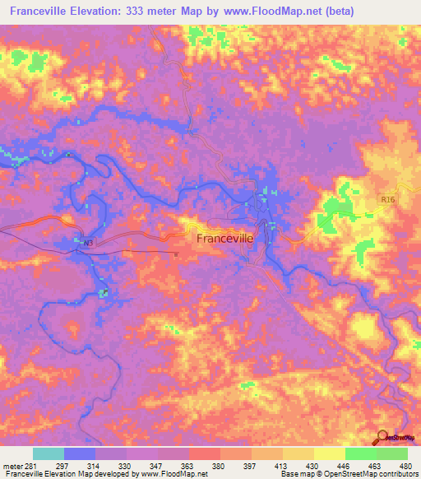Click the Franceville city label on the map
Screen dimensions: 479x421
(x=224, y=237)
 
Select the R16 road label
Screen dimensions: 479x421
(x=389, y=199)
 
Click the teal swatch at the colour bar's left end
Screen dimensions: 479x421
(x=49, y=453)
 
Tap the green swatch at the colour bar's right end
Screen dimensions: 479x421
(x=392, y=453)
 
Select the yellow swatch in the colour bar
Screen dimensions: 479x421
(x=329, y=453)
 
